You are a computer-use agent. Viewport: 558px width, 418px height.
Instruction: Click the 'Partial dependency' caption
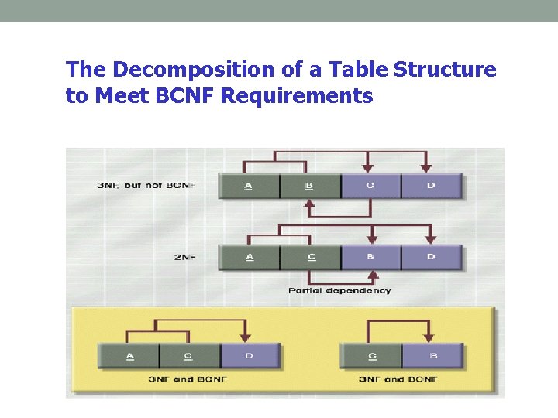pyautogui.click(x=339, y=291)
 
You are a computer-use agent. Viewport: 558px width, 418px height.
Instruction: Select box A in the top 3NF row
pyautogui.click(x=249, y=187)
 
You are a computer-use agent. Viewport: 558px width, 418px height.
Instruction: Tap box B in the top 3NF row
pyautogui.click(x=309, y=187)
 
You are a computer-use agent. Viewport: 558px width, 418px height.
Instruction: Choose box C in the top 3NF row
pyautogui.click(x=370, y=187)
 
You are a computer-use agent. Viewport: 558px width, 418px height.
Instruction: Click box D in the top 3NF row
pyautogui.click(x=431, y=187)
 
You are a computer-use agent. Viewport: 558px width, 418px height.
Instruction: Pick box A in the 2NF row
pyautogui.click(x=249, y=257)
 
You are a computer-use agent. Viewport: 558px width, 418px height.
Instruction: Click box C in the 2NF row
pyautogui.click(x=309, y=257)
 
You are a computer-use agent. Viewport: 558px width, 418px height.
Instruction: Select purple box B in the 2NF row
pyautogui.click(x=370, y=257)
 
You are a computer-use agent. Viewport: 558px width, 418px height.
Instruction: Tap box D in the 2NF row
pyautogui.click(x=431, y=257)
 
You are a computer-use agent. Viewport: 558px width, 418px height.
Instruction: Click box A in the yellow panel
pyautogui.click(x=129, y=356)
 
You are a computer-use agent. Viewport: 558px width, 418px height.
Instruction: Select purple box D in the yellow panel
pyautogui.click(x=250, y=356)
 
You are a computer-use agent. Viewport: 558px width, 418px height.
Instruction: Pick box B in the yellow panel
pyautogui.click(x=432, y=356)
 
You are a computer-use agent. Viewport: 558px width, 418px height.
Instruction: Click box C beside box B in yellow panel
pyautogui.click(x=372, y=356)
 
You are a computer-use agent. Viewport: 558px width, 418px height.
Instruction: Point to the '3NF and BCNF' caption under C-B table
pyautogui.click(x=398, y=379)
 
